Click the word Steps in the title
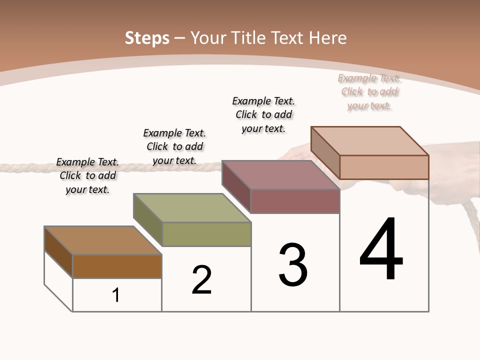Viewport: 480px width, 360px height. (x=147, y=38)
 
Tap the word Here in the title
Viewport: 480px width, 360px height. (x=327, y=38)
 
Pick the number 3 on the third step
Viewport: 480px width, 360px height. (x=293, y=265)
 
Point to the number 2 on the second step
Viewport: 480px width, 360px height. (x=202, y=280)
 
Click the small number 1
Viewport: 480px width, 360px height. (x=116, y=295)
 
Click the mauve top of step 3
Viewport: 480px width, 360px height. (x=280, y=174)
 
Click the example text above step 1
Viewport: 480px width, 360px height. (x=87, y=175)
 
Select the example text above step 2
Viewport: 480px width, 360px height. (x=174, y=146)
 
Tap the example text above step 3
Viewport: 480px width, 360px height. (x=263, y=114)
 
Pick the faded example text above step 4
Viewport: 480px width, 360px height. (x=369, y=91)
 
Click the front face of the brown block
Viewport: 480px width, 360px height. (x=117, y=266)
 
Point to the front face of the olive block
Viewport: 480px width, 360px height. (x=206, y=234)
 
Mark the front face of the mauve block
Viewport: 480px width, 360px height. (x=295, y=201)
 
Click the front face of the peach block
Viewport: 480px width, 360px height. (x=384, y=167)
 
